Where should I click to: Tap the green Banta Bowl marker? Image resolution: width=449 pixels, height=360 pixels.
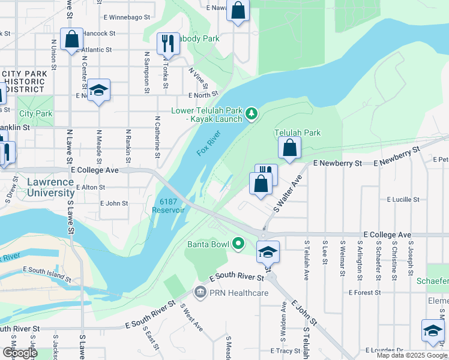pos(239,243)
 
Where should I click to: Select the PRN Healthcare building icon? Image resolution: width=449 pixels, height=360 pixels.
pos(199,292)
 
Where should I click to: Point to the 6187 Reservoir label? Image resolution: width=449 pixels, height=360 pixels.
pos(169,206)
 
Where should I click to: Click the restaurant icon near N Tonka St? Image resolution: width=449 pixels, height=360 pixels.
pos(168,43)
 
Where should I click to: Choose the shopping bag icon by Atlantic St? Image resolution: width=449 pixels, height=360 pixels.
pos(71,40)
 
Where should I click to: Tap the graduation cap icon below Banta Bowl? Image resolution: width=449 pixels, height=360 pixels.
pos(268,251)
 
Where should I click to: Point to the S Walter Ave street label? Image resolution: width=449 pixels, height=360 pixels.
pos(286,193)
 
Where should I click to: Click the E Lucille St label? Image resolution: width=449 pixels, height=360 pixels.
pos(403,199)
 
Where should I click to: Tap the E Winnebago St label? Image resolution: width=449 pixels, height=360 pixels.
pos(125,18)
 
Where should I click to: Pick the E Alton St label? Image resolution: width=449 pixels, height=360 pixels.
pos(91,187)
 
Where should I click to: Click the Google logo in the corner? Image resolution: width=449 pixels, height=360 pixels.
pos(19,353)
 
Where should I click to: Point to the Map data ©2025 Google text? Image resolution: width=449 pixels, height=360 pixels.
pos(412,355)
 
